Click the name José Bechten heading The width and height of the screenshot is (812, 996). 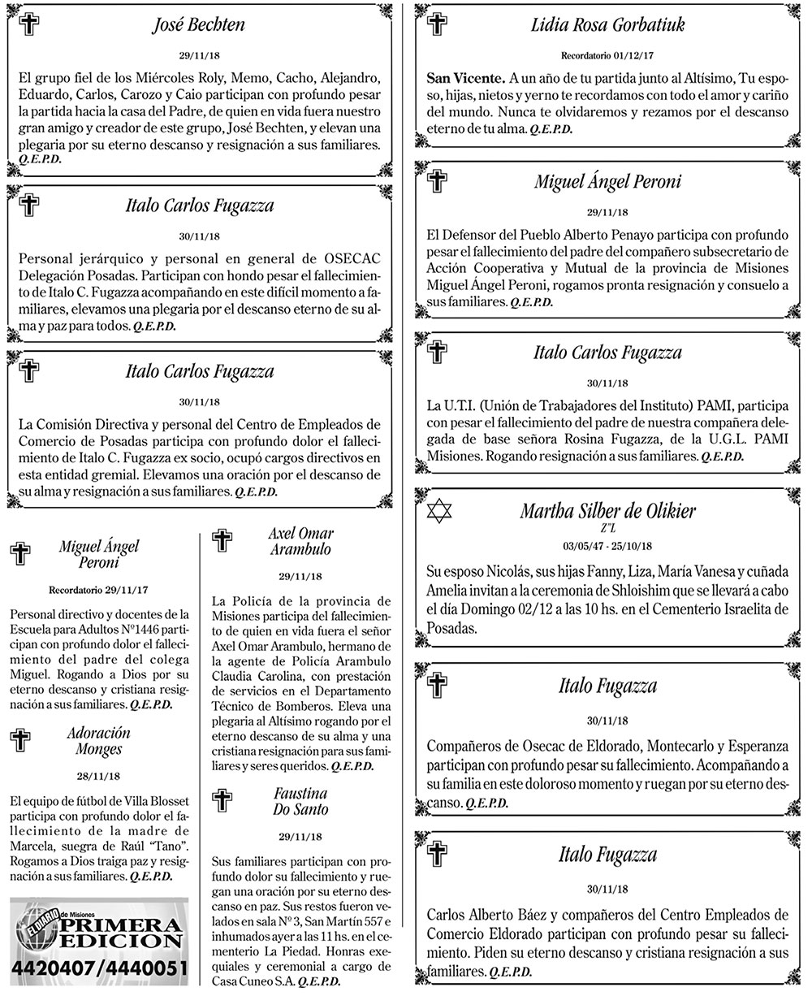pos(198,25)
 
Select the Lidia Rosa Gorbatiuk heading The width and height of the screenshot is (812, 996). pos(607,25)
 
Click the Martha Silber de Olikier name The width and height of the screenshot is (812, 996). pos(608,511)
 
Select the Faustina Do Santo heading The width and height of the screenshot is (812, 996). pos(300,801)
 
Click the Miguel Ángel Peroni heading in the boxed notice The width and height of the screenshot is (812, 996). pos(607,181)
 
